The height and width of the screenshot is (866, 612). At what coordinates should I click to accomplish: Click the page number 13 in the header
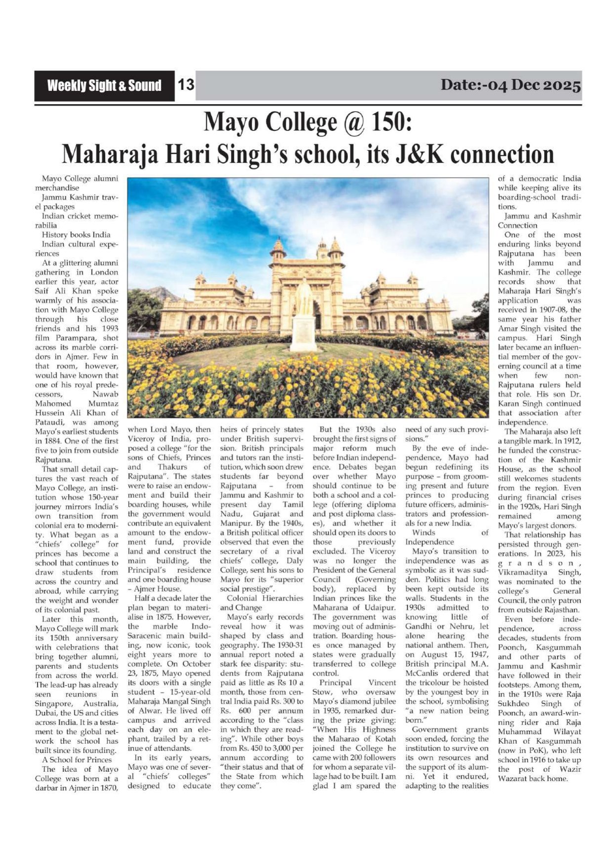pyautogui.click(x=186, y=85)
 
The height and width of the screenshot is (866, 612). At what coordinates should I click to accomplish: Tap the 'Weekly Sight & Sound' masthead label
pyautogui.click(x=104, y=86)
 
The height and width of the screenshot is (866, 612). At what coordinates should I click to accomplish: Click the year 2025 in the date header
pyautogui.click(x=562, y=85)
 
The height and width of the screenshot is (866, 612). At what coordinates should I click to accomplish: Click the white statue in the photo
pyautogui.click(x=304, y=316)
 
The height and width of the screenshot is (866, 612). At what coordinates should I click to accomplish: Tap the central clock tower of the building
pyautogui.click(x=322, y=252)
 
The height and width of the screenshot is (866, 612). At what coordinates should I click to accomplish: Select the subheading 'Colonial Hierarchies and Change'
pyautogui.click(x=262, y=602)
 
